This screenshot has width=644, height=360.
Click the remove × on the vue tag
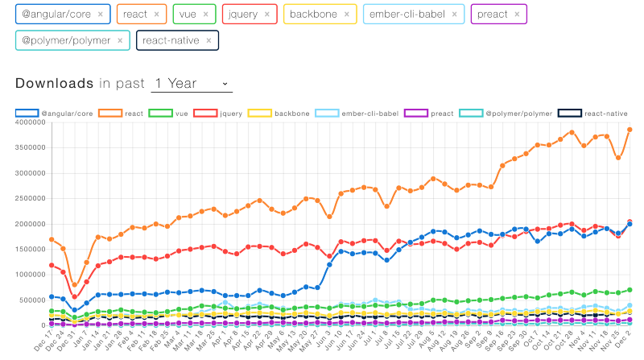tap(206, 14)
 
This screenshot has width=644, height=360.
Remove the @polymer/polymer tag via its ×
tap(119, 39)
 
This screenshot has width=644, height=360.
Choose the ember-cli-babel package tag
tap(407, 14)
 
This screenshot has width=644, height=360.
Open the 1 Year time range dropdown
tap(191, 83)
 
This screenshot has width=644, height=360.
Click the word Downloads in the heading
tap(54, 83)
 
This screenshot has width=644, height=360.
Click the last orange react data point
tap(630, 130)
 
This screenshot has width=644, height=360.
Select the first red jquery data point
tap(52, 265)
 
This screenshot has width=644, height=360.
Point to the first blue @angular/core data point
tap(52, 296)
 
